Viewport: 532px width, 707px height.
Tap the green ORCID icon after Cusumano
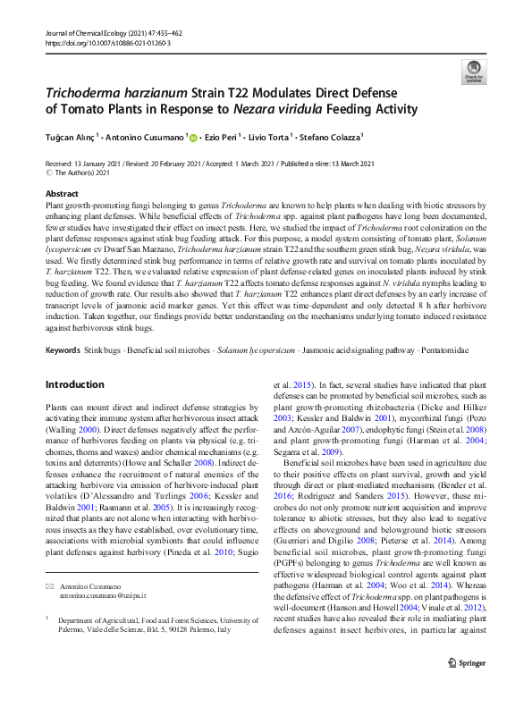coord(192,137)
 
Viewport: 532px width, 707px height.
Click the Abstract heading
coord(62,194)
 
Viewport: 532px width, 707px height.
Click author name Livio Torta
coord(269,137)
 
